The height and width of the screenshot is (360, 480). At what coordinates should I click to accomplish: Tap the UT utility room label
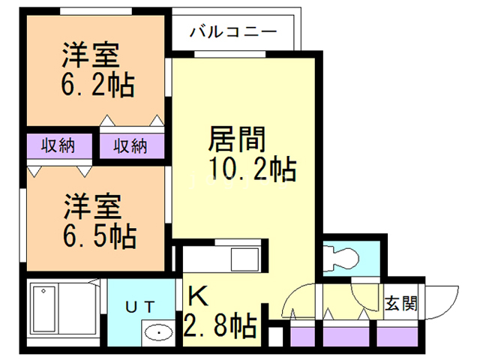pos(140,305)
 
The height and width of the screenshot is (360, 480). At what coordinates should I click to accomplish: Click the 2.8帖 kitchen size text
pos(220,326)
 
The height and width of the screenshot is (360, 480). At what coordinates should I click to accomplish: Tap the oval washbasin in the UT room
pos(157,332)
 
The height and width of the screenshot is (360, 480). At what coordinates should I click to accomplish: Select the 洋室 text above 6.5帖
pos(95,206)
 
